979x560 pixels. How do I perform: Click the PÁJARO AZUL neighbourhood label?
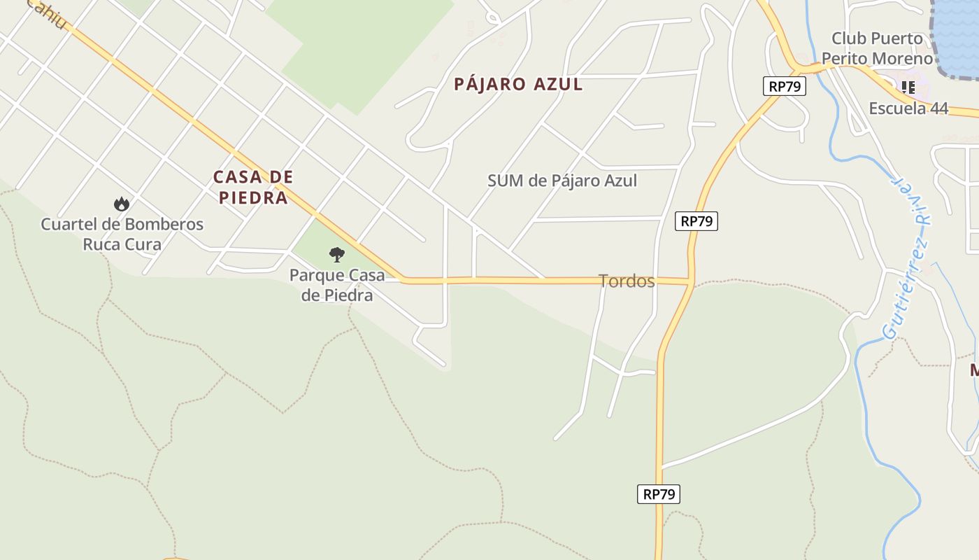(518, 85)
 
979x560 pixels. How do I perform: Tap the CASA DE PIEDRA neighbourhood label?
(252, 187)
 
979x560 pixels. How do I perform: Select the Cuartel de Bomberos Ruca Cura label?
(122, 234)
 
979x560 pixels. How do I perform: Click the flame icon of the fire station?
(122, 204)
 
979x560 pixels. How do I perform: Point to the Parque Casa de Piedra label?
(337, 284)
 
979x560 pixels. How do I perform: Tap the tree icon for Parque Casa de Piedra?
(337, 254)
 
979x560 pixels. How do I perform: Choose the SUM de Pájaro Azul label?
(562, 181)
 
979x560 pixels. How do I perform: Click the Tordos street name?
(627, 281)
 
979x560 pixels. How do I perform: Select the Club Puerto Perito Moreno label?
(877, 48)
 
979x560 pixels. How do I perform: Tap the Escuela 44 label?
(908, 108)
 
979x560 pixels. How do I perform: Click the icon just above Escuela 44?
(908, 87)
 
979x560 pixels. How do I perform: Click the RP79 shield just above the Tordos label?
(697, 221)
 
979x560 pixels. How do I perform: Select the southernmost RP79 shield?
(659, 494)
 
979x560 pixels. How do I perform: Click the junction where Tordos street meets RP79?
(691, 283)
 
